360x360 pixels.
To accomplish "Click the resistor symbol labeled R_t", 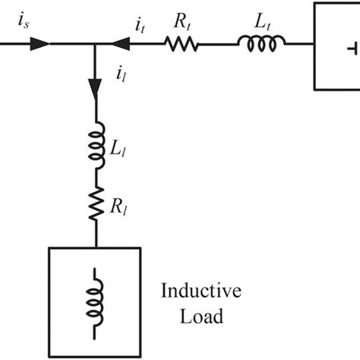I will [x=182, y=45].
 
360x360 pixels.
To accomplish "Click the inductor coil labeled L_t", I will [x=260, y=44].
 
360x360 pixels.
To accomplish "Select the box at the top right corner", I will [x=336, y=46].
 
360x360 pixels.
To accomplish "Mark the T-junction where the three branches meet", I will [x=96, y=45].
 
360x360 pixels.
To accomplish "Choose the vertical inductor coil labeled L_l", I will [x=96, y=144].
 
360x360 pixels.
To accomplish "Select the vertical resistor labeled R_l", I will [x=96, y=204].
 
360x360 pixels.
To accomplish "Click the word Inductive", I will [x=201, y=291].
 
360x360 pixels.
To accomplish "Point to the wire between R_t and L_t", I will [x=220, y=45].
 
